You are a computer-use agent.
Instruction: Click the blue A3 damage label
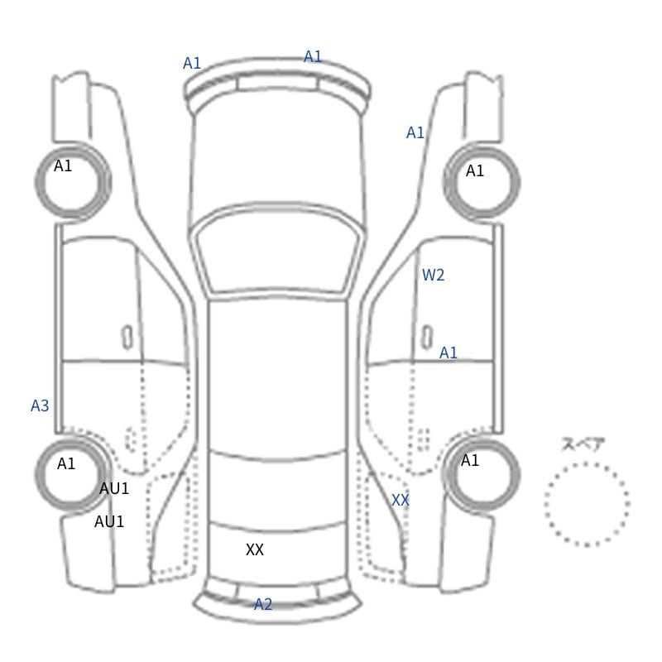click(40, 405)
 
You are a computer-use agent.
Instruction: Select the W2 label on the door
click(433, 276)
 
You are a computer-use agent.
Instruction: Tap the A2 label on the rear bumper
click(263, 605)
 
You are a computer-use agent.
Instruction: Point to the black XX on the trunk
click(255, 549)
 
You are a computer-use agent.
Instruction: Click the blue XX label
click(401, 501)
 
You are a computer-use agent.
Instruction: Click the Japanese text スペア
click(578, 444)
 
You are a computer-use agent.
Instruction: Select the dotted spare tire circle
click(587, 463)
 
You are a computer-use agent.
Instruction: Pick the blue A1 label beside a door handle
click(449, 353)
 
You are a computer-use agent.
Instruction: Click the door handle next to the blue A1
click(427, 338)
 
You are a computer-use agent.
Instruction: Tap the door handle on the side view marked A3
click(127, 338)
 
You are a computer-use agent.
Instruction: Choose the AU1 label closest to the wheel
click(114, 489)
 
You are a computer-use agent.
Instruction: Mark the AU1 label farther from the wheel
click(109, 522)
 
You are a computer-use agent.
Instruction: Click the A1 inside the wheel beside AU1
click(66, 464)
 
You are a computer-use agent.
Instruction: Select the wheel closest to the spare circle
click(482, 439)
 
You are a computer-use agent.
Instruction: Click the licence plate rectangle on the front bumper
click(277, 83)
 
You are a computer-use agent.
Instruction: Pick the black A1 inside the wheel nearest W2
click(474, 171)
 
